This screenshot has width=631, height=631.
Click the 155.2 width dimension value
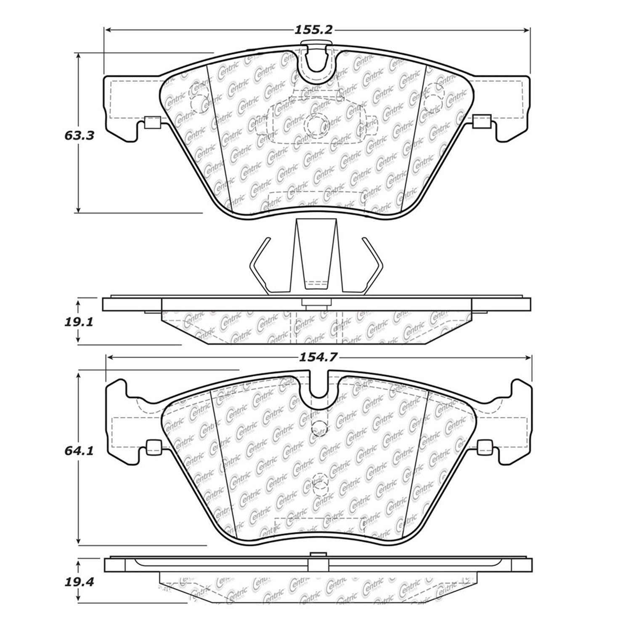(313, 30)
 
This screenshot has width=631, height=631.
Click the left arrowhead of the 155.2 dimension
(108, 30)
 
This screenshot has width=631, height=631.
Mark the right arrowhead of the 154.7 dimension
(528, 357)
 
